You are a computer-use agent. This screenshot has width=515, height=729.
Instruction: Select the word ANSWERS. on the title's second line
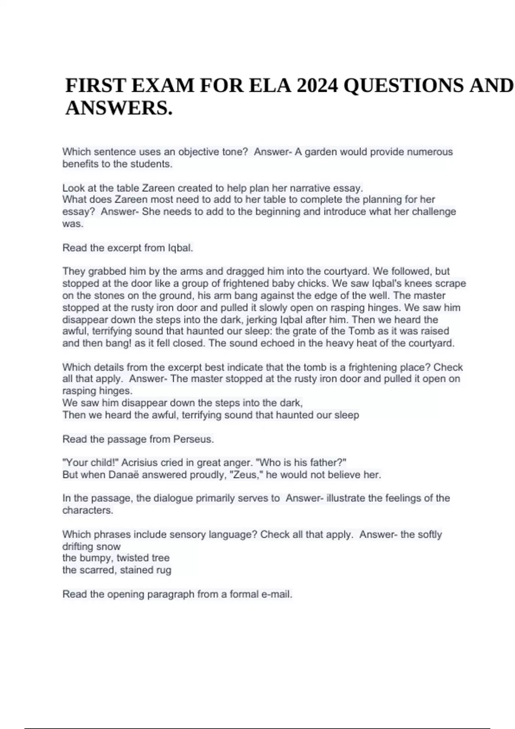click(x=119, y=108)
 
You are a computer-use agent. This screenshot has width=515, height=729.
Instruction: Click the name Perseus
click(x=193, y=439)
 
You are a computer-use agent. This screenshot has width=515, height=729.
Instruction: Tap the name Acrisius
click(x=139, y=463)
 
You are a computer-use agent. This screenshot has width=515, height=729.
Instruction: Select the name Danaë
click(x=124, y=475)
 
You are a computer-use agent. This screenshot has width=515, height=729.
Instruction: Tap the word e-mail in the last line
click(x=277, y=594)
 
